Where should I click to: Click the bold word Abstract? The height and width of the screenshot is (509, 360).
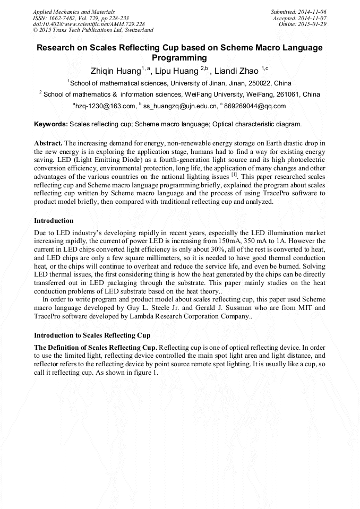[48, 144]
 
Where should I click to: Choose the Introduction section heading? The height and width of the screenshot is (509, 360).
[54, 220]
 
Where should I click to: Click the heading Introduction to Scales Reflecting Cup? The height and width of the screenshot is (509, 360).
[92, 335]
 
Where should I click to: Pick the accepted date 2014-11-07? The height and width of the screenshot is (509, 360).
[310, 18]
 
